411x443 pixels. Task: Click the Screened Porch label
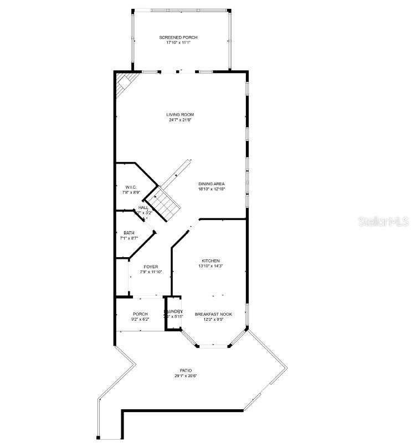pos(178,37)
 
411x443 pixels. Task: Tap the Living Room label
pos(180,114)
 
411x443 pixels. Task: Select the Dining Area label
pos(212,184)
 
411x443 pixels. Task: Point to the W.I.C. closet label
pos(131,187)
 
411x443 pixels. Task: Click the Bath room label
pos(129,233)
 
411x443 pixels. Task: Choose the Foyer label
pos(151,267)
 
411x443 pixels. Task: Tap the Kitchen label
pos(210,260)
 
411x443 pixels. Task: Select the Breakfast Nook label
pos(213,314)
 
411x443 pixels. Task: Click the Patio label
pos(186,371)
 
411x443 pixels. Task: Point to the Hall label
pos(143,207)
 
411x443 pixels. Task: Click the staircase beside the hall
pos(167,202)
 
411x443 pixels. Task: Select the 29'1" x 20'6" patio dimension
pos(186,376)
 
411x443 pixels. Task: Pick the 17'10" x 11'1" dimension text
pos(178,43)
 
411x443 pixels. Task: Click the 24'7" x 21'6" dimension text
pos(180,120)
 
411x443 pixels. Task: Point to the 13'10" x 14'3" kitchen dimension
pos(210,266)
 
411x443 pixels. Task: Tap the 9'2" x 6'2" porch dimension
pos(140,319)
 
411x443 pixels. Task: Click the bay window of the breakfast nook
pos(214,346)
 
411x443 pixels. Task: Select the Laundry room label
pos(173,311)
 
